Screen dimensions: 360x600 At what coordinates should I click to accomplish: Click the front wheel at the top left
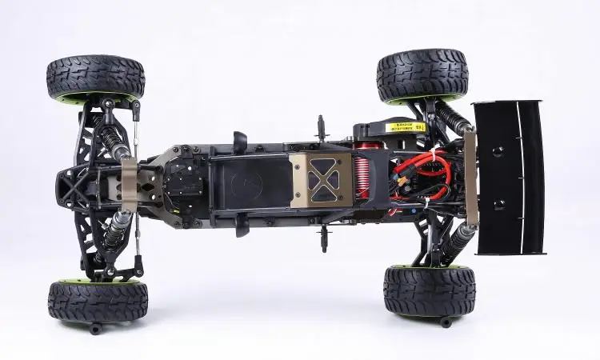pos(95,78)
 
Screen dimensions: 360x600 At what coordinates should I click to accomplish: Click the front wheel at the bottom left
pos(98,299)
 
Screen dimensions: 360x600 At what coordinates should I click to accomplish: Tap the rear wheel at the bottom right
pos(429,290)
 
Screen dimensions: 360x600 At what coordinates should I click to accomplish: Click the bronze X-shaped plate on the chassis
pos(321,179)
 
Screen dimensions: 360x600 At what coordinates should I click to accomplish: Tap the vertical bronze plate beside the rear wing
pos(471,178)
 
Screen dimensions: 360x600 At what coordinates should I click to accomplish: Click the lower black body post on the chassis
pos(324,236)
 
